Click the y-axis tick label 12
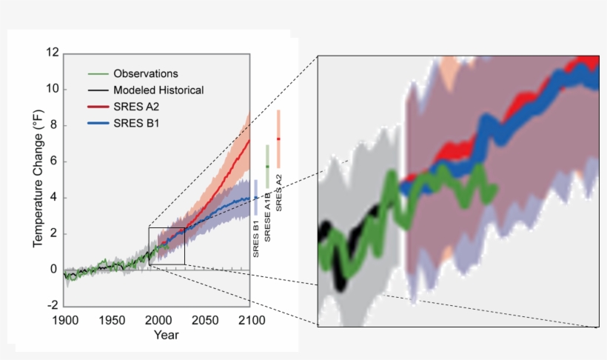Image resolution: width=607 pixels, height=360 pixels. point(52,53)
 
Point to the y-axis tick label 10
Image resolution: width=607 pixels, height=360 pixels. point(52,90)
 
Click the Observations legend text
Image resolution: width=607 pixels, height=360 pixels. point(146,74)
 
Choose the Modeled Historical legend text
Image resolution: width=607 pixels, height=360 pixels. point(158,90)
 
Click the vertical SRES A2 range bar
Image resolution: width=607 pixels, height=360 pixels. point(278,139)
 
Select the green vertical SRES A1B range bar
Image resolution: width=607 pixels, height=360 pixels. point(267,166)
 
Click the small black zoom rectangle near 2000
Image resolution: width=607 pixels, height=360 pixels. point(167,246)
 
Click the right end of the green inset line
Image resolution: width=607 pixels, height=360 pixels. point(494,188)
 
